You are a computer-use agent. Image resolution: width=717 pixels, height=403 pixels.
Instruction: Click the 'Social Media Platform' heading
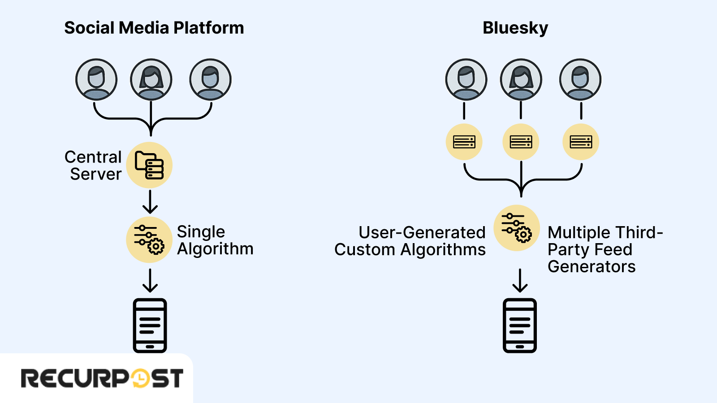click(154, 28)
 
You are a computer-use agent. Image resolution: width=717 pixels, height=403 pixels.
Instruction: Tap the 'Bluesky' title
click(515, 28)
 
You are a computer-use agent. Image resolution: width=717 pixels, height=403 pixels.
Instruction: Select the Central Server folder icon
click(149, 165)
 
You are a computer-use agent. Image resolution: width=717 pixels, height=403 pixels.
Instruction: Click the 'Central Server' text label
click(94, 166)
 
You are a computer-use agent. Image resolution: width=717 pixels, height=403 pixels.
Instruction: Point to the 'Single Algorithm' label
click(215, 240)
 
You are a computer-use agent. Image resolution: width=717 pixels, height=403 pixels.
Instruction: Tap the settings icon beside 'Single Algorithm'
click(149, 240)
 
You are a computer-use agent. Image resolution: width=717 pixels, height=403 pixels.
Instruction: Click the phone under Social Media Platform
click(150, 326)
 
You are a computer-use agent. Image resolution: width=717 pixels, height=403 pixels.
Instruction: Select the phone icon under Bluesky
click(519, 326)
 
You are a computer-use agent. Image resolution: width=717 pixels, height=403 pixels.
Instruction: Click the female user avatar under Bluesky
click(521, 79)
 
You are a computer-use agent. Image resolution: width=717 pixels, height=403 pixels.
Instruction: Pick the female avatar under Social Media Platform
click(151, 79)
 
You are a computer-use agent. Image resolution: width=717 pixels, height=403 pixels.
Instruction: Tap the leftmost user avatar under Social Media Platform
click(96, 79)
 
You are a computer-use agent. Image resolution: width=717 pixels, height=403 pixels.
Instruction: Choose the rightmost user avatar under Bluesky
click(580, 79)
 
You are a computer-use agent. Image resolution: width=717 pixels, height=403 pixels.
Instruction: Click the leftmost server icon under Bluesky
click(464, 142)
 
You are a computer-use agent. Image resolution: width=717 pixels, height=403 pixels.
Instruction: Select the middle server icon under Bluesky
click(521, 142)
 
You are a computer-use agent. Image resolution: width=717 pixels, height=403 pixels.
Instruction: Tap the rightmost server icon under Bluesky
click(580, 142)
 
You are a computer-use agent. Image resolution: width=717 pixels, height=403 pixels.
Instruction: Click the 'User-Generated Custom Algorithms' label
click(410, 241)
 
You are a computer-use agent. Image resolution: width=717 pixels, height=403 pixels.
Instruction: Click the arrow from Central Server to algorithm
click(150, 202)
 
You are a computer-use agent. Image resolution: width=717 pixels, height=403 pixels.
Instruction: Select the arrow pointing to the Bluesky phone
click(520, 281)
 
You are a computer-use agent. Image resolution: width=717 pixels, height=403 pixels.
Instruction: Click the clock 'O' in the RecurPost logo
click(140, 378)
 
